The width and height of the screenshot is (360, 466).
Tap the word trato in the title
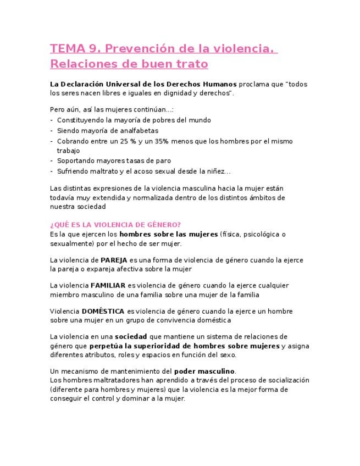coord(191,64)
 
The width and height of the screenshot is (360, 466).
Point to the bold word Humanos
coord(219,84)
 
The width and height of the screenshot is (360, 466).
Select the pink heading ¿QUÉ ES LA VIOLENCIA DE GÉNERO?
coord(115,224)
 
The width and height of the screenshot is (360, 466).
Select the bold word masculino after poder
coord(216,370)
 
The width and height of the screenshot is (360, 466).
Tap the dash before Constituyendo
coord(51,120)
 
